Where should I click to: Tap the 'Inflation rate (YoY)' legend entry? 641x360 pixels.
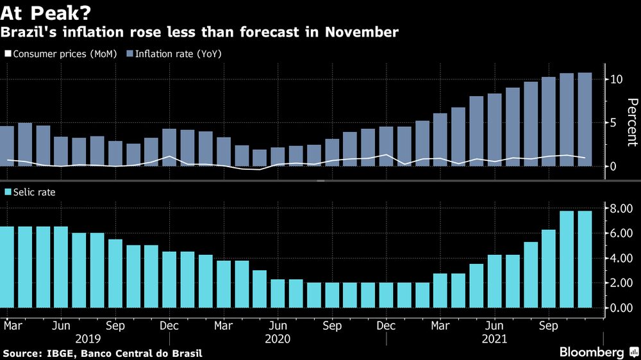(174, 54)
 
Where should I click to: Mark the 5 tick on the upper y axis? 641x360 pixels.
(614, 122)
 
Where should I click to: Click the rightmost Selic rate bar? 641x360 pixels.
(585, 259)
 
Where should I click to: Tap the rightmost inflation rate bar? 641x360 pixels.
(585, 119)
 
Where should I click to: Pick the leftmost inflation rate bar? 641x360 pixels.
(6, 146)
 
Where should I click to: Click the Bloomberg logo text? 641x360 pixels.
(592, 352)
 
